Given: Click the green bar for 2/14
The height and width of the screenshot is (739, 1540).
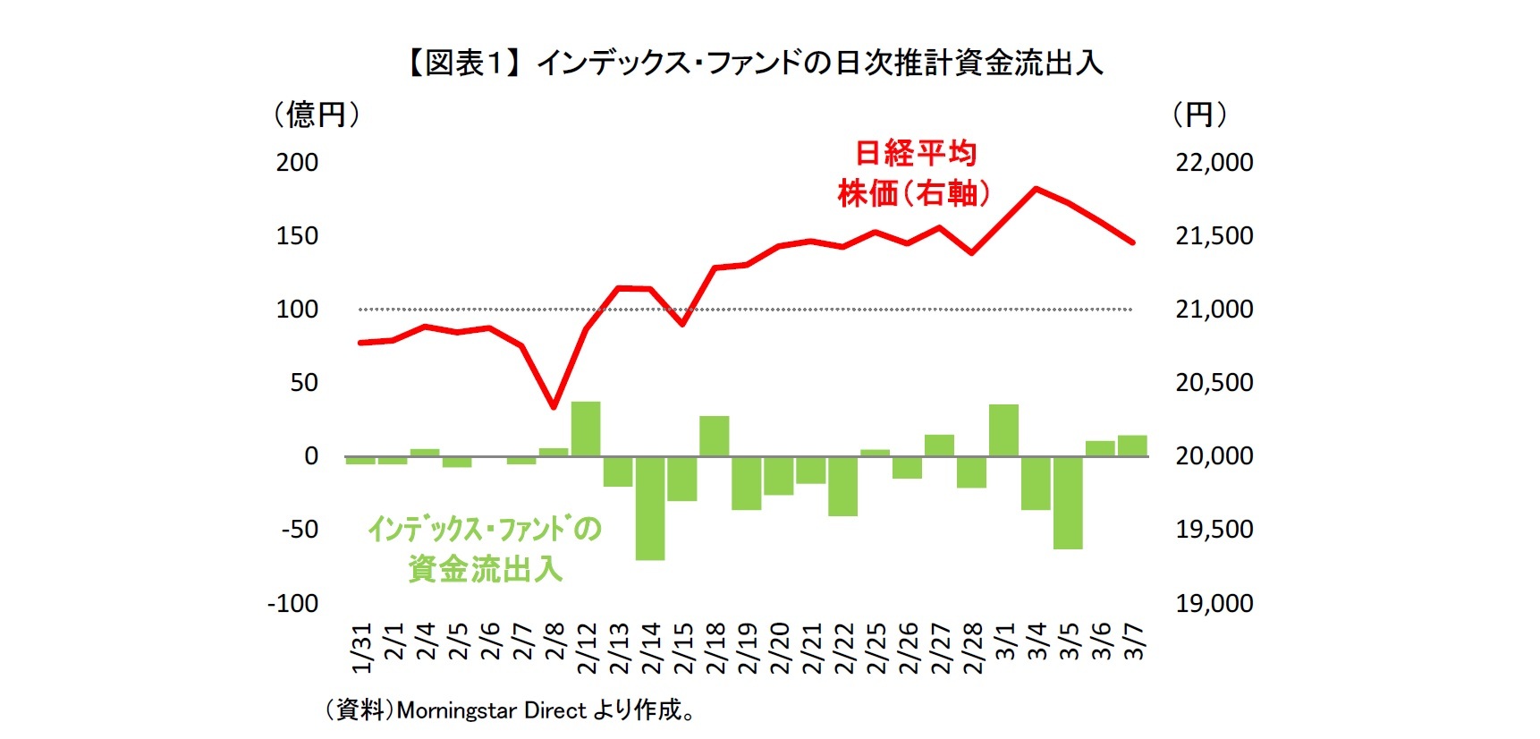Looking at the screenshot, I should (650, 507).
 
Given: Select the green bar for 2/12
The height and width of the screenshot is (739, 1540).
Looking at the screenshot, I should (586, 429).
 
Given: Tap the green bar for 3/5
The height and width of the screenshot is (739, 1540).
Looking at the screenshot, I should (1068, 502).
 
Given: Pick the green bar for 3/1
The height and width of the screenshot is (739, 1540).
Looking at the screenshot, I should (1003, 431).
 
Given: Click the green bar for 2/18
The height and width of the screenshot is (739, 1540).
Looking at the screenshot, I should (715, 437).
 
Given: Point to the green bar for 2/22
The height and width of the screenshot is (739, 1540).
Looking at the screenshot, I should (842, 486).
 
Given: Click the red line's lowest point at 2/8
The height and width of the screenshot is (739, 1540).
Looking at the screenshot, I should (554, 406).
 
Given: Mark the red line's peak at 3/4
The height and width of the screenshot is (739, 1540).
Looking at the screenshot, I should (1036, 189).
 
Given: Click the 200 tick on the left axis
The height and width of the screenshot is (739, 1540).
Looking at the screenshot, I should (297, 163).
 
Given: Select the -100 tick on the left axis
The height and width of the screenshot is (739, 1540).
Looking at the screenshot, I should (292, 604).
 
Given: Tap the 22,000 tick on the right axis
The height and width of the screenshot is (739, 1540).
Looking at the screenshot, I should (1214, 163).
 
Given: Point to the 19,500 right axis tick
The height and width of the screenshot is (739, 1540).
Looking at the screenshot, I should (1214, 530).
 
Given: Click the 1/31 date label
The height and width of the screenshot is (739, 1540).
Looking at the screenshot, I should (361, 649).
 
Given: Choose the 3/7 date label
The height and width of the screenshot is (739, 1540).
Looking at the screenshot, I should (1133, 642).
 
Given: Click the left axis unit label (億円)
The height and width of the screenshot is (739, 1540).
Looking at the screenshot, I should (317, 115).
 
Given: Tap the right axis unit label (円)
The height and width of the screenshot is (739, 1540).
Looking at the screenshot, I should (1199, 115).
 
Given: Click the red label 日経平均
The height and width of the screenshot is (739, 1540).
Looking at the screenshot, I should (916, 153).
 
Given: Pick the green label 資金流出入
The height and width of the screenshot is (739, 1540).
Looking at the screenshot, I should (485, 569).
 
